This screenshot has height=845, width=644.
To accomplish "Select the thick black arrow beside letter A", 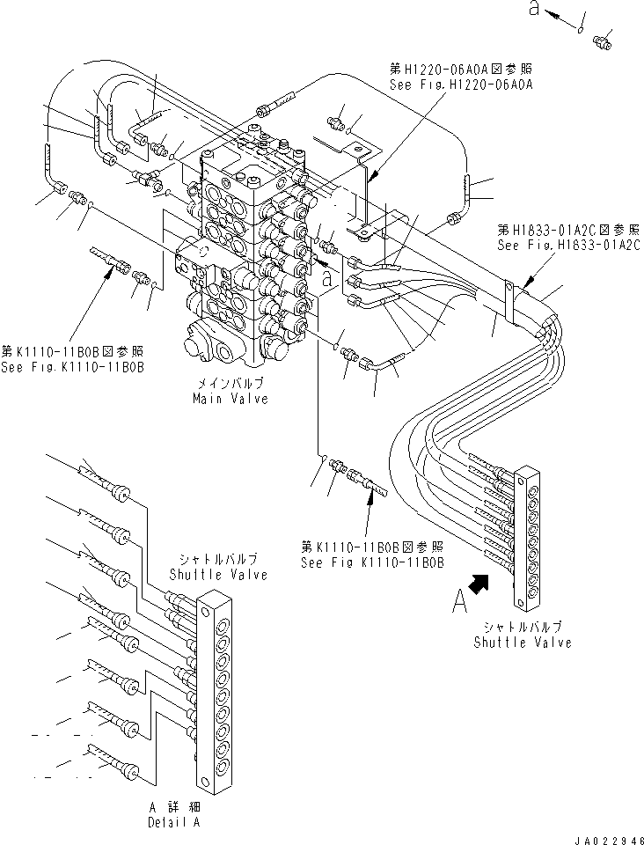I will click(x=481, y=584).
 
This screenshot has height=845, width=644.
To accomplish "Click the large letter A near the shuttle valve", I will click(x=459, y=603).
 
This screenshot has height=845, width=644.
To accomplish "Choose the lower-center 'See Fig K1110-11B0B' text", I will click(x=372, y=562).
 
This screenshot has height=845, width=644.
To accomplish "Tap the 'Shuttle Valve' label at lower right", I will click(x=523, y=642).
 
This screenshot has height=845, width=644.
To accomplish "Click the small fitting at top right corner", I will click(x=604, y=40).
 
